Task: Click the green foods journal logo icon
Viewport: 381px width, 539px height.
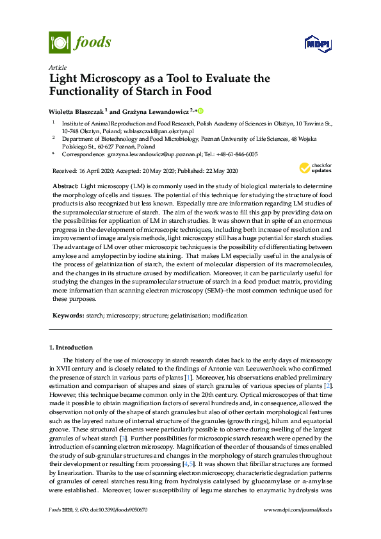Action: [60, 44]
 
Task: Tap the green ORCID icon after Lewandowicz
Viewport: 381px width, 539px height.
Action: [200, 111]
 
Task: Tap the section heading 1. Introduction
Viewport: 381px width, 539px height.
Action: [70, 347]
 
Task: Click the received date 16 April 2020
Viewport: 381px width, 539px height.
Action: [97, 171]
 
